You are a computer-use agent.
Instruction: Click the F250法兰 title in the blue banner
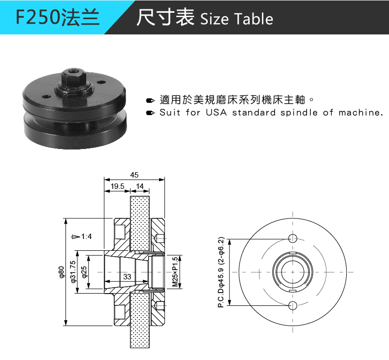[58, 18]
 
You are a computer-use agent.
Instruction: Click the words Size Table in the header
[237, 19]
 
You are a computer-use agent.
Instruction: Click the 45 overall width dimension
[134, 175]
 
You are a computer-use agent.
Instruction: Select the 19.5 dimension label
[117, 186]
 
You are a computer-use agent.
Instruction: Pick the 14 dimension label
[140, 186]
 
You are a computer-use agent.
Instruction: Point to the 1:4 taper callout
[86, 237]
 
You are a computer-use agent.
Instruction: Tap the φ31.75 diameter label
[73, 272]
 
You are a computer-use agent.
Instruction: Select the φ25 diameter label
[84, 272]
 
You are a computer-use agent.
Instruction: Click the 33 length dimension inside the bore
[127, 277]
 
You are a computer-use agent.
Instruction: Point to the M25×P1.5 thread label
[175, 272]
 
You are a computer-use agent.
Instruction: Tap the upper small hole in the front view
[292, 239]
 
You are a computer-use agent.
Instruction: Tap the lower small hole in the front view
[292, 306]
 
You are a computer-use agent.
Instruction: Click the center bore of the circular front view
[292, 272]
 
